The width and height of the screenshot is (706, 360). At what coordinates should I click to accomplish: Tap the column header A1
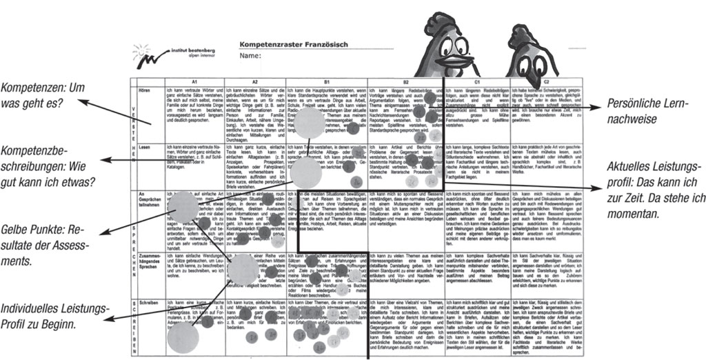[x=194, y=81]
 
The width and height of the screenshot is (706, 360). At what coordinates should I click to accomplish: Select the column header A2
[x=254, y=81]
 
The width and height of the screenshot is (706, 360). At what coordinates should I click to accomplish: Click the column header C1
[x=476, y=81]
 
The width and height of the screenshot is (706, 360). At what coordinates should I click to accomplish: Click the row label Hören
[x=145, y=90]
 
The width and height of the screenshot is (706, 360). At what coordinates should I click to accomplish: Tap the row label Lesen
[x=145, y=147]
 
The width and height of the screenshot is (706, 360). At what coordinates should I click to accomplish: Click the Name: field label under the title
[x=250, y=56]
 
